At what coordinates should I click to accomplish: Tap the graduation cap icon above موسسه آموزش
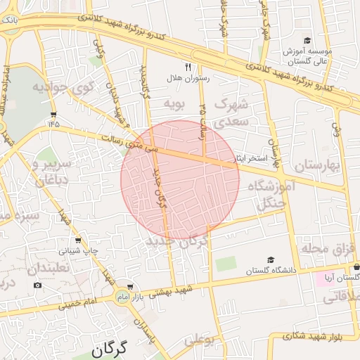tap(307, 41)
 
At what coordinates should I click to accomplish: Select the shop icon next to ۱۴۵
tap(54, 115)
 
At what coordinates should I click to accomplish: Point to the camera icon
tap(37, 285)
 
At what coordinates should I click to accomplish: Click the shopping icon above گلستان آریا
tap(357, 267)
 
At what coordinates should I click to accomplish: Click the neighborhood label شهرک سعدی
tap(231, 112)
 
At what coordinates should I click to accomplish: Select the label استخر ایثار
tap(251, 159)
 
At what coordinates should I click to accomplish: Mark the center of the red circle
tap(180, 179)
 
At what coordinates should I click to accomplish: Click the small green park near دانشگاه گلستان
tap(226, 265)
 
